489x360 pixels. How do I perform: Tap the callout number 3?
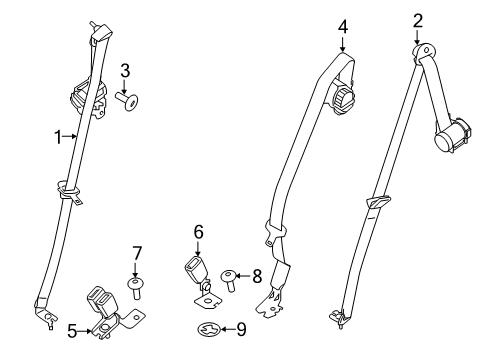(x=125, y=70)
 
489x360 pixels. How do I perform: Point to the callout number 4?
(x=342, y=27)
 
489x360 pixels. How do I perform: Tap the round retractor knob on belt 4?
(x=346, y=99)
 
